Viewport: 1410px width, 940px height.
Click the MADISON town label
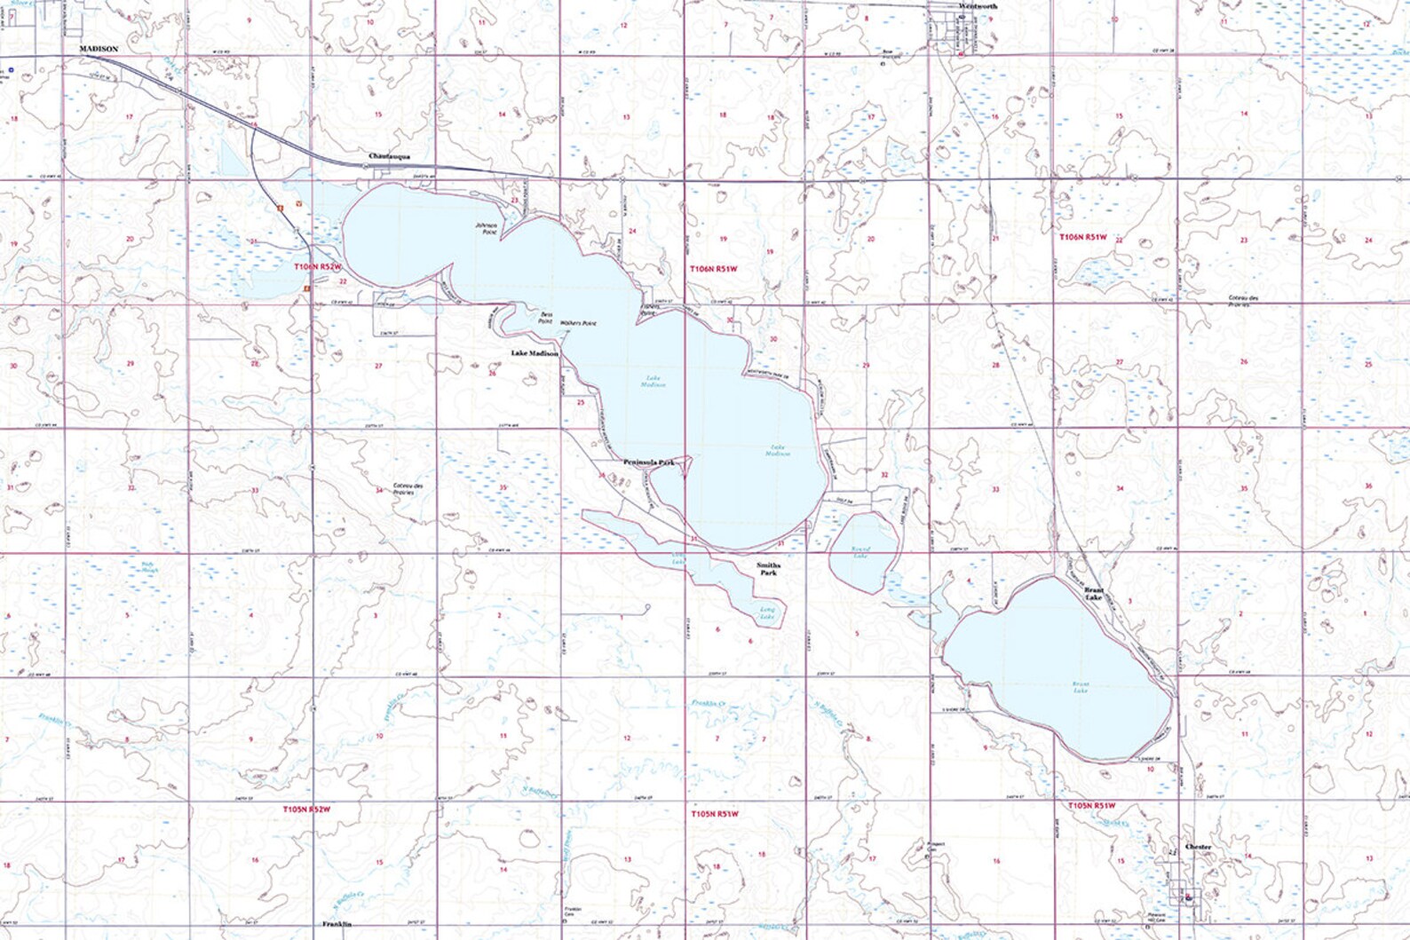click(x=99, y=49)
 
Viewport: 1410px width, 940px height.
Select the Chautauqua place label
click(x=389, y=156)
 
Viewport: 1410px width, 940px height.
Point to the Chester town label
click(x=1198, y=848)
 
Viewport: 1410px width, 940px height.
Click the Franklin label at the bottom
click(x=337, y=925)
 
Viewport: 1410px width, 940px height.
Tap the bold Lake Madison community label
click(x=535, y=353)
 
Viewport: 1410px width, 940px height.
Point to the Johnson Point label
click(x=487, y=229)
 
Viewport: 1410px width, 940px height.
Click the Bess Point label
click(x=546, y=318)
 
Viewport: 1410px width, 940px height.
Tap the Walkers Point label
click(x=578, y=323)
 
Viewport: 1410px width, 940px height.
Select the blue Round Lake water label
click(x=860, y=552)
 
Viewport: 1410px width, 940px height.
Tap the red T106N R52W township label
click(x=317, y=265)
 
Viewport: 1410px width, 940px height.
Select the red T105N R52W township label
click(x=306, y=809)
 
